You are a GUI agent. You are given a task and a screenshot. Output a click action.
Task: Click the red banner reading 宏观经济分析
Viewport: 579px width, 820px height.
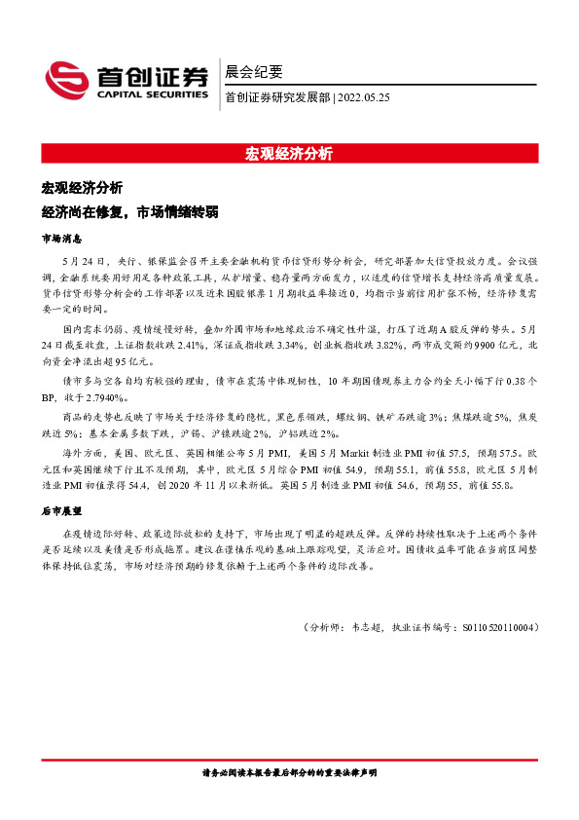[x=289, y=153]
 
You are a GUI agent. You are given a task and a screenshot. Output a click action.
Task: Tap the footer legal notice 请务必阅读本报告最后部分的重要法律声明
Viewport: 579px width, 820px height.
[x=289, y=772]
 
